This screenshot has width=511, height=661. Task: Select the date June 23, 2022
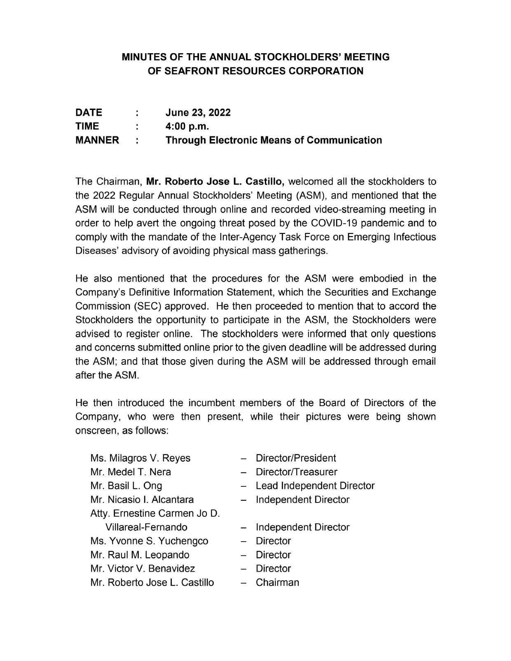click(x=198, y=112)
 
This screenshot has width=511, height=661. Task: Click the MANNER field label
click(x=97, y=140)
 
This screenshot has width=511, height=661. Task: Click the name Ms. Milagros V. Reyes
click(x=141, y=458)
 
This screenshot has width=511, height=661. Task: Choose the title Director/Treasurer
click(x=296, y=472)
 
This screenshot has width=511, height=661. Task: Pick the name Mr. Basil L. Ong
click(x=127, y=486)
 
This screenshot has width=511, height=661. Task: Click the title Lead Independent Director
click(x=315, y=486)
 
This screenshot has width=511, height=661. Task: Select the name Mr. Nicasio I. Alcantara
click(x=142, y=500)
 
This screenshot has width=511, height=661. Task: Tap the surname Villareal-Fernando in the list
click(x=146, y=527)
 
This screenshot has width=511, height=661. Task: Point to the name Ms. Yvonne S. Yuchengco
click(x=149, y=541)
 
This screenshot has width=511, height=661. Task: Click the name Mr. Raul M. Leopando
click(x=140, y=555)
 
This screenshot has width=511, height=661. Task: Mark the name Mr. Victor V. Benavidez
click(x=143, y=569)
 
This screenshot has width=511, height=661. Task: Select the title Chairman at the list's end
click(x=277, y=582)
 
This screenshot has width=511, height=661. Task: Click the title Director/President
click(x=295, y=458)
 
